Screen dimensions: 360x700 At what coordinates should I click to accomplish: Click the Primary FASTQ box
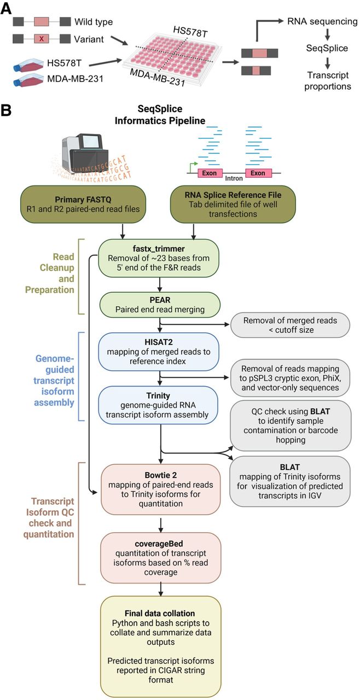(x=83, y=204)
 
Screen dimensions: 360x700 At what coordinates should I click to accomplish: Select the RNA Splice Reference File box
(x=233, y=204)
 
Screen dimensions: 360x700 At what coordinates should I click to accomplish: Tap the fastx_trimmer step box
(x=159, y=258)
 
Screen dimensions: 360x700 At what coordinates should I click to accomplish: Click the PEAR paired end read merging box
(x=160, y=305)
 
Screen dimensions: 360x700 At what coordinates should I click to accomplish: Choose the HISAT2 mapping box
(x=159, y=352)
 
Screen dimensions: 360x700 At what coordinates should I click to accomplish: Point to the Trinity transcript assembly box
(x=158, y=405)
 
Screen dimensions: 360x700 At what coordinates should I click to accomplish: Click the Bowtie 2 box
(x=161, y=489)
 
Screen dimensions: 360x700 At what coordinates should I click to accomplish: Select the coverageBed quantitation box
(x=161, y=558)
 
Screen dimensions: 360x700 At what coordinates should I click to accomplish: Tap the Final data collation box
(x=161, y=646)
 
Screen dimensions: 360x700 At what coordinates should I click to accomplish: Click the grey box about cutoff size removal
(x=290, y=325)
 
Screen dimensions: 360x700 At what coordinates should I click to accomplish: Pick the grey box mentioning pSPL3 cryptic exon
(x=290, y=378)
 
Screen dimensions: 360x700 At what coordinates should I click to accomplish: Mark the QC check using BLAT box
(x=291, y=425)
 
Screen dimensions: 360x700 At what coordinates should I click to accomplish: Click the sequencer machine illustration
(x=84, y=152)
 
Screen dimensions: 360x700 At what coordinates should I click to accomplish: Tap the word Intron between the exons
(x=234, y=178)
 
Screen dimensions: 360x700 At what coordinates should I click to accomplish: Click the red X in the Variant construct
(x=41, y=39)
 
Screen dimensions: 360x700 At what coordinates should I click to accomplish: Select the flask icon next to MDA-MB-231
(x=28, y=80)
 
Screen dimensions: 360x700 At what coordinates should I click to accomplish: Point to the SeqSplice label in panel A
(x=327, y=48)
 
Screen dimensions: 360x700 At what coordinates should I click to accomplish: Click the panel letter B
(x=5, y=110)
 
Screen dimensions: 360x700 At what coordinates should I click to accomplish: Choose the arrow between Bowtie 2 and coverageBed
(x=161, y=526)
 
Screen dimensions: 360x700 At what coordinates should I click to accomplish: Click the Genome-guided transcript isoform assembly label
(x=54, y=380)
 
